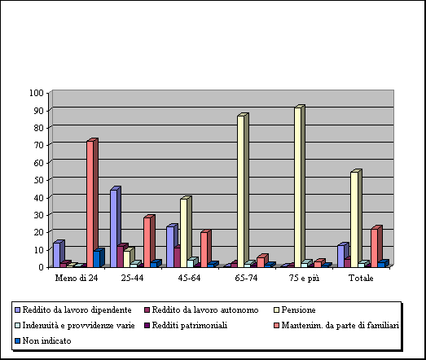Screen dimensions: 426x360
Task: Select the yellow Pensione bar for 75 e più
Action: click(299, 187)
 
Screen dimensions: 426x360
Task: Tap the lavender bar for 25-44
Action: click(115, 227)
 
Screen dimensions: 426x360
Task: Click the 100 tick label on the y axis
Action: click(37, 93)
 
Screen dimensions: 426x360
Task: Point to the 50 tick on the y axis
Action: click(39, 180)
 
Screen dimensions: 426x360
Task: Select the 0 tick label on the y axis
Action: click(42, 267)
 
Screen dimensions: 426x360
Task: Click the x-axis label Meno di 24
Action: click(77, 279)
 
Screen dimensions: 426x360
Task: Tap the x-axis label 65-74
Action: click(246, 279)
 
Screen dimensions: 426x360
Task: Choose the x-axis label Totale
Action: click(361, 279)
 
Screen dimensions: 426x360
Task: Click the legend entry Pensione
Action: click(295, 310)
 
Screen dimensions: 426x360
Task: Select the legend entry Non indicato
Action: click(43, 341)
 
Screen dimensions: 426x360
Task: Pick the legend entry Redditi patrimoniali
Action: click(186, 326)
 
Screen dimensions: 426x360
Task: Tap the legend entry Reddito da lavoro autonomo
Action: click(201, 310)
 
